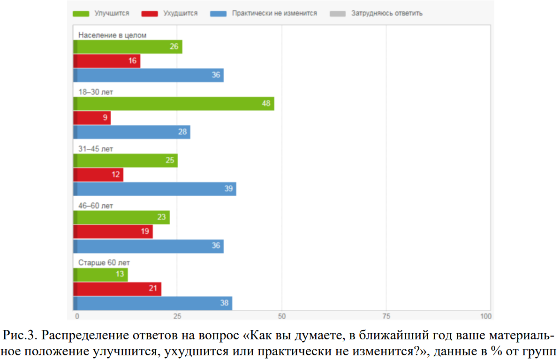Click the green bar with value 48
(174, 104)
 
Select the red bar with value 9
(92, 118)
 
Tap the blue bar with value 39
(155, 189)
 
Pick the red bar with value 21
(117, 289)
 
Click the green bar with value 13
(100, 275)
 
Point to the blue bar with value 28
(132, 132)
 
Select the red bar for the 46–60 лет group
(113, 231)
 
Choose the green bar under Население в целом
(128, 47)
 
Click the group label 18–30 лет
(96, 92)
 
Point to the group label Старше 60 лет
(104, 262)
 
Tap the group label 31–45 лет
(96, 149)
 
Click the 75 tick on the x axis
(386, 315)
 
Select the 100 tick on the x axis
(485, 315)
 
